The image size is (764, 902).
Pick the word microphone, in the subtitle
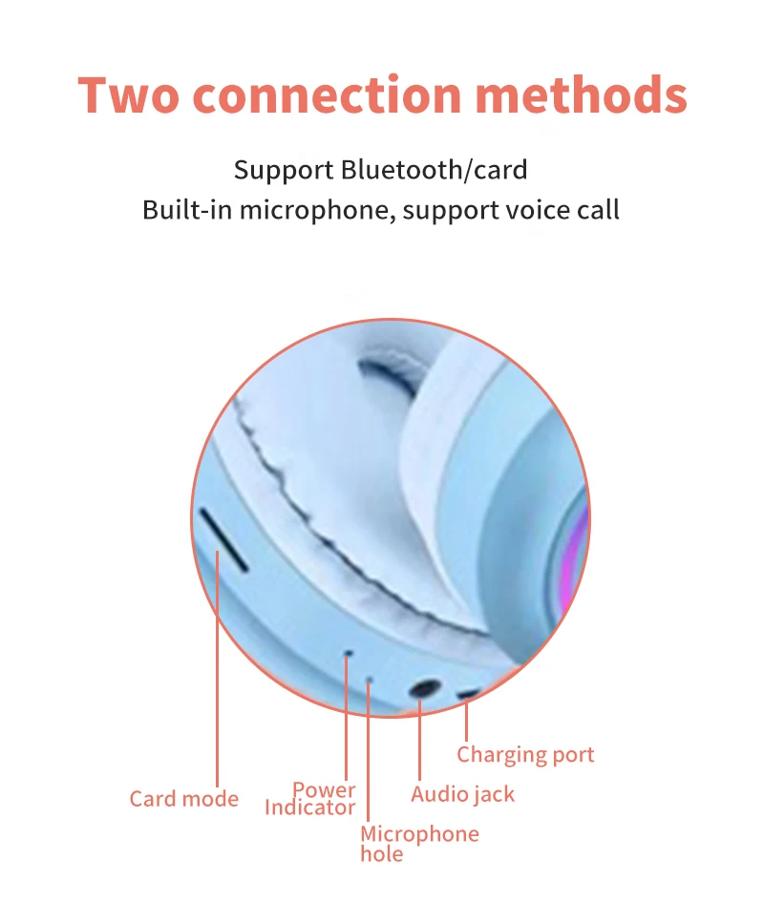click(316, 210)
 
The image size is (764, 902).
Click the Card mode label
click(183, 799)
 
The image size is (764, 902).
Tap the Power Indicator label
click(310, 799)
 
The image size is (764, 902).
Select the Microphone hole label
click(418, 843)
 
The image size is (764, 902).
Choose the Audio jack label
click(462, 794)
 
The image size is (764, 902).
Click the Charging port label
click(525, 755)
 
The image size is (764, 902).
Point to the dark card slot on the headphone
click(223, 538)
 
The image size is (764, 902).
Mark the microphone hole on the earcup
click(370, 680)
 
